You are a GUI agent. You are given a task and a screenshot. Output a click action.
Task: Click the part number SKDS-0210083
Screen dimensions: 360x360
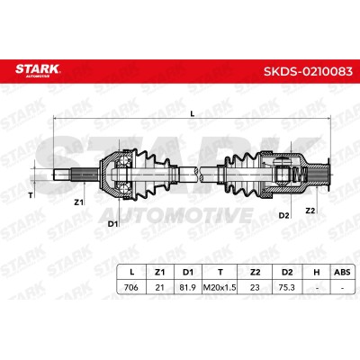308,71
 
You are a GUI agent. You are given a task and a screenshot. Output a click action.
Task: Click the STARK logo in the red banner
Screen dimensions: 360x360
38,70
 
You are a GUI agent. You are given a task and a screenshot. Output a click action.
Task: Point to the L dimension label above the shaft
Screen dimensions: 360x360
193,113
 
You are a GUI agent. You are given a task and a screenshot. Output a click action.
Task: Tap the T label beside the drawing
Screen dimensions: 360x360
31,196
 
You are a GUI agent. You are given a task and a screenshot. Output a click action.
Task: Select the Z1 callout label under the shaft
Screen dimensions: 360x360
78,202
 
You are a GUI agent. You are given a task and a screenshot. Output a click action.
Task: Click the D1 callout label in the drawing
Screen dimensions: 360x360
112,223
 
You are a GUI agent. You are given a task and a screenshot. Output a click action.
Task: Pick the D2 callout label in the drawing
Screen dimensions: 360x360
283,215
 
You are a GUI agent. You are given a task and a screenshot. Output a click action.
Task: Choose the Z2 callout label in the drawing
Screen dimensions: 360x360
310,211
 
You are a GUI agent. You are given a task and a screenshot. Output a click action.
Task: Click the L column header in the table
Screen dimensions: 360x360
131,273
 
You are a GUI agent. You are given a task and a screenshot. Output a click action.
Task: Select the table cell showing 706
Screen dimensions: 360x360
131,287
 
